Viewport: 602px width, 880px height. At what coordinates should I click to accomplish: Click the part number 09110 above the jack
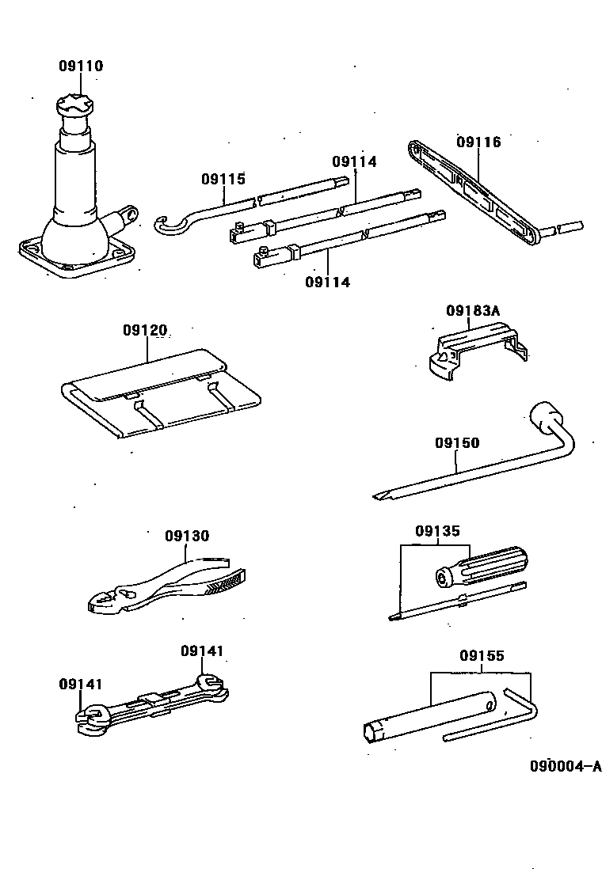pyautogui.click(x=80, y=66)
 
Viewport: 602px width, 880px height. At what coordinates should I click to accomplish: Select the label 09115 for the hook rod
pyautogui.click(x=223, y=179)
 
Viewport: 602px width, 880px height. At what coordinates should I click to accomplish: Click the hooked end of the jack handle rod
pyautogui.click(x=167, y=226)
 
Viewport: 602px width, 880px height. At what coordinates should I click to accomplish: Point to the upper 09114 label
pyautogui.click(x=354, y=161)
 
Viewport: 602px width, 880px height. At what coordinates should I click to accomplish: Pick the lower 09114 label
pyautogui.click(x=327, y=282)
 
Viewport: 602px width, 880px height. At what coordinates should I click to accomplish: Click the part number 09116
pyautogui.click(x=478, y=142)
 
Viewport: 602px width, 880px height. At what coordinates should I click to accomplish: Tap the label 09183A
pyautogui.click(x=473, y=311)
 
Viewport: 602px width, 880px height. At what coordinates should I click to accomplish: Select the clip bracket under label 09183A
pyautogui.click(x=473, y=352)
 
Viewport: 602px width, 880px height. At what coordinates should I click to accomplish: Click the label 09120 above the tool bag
pyautogui.click(x=145, y=329)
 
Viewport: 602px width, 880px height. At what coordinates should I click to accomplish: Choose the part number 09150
pyautogui.click(x=456, y=443)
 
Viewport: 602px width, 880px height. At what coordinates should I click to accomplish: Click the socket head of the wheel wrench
pyautogui.click(x=546, y=416)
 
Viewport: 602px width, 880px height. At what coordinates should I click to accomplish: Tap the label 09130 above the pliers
pyautogui.click(x=187, y=536)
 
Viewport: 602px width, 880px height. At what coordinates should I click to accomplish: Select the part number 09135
pyautogui.click(x=436, y=531)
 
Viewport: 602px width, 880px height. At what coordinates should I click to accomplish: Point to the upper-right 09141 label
pyautogui.click(x=201, y=651)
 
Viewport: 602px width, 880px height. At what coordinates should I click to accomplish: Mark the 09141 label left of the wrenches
pyautogui.click(x=80, y=684)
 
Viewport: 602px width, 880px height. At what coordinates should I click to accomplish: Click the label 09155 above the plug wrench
pyautogui.click(x=481, y=656)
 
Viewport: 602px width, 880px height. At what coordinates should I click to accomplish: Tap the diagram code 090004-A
pyautogui.click(x=566, y=766)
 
